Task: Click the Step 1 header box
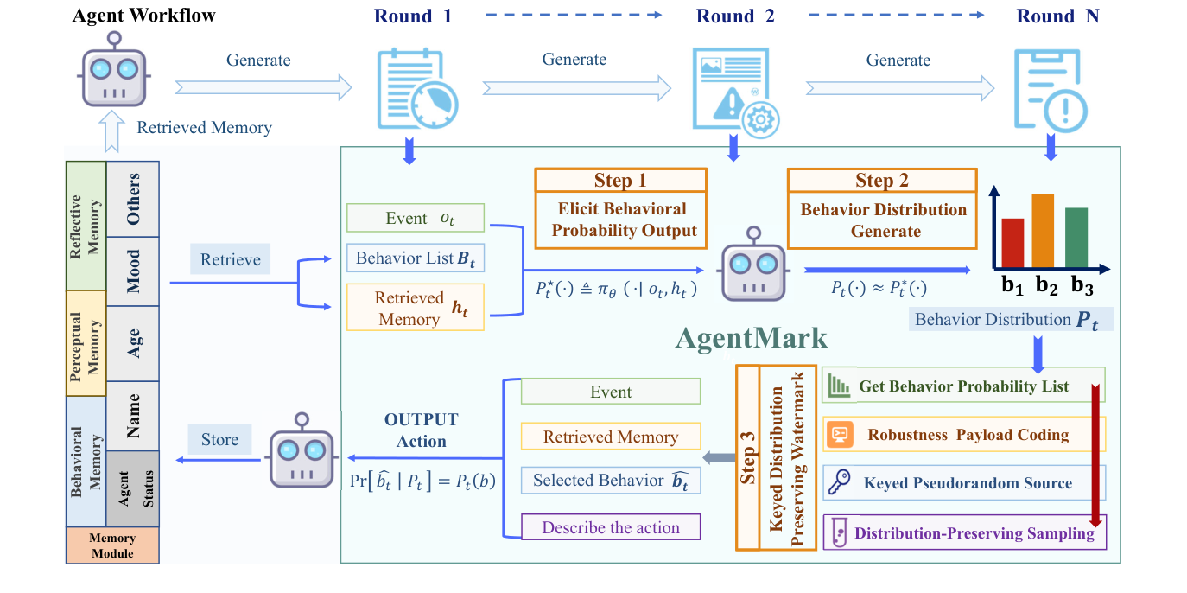(619, 180)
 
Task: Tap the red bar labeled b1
(1012, 244)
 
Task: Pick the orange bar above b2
(1043, 231)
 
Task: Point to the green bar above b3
(1076, 238)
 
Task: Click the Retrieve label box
(230, 259)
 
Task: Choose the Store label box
(219, 439)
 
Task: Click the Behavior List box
(415, 258)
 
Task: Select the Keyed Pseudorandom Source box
(964, 484)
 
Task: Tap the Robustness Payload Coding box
(964, 435)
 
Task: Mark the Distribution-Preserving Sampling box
(964, 533)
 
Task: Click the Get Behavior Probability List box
(964, 386)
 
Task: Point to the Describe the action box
(611, 527)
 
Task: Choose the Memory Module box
(112, 545)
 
